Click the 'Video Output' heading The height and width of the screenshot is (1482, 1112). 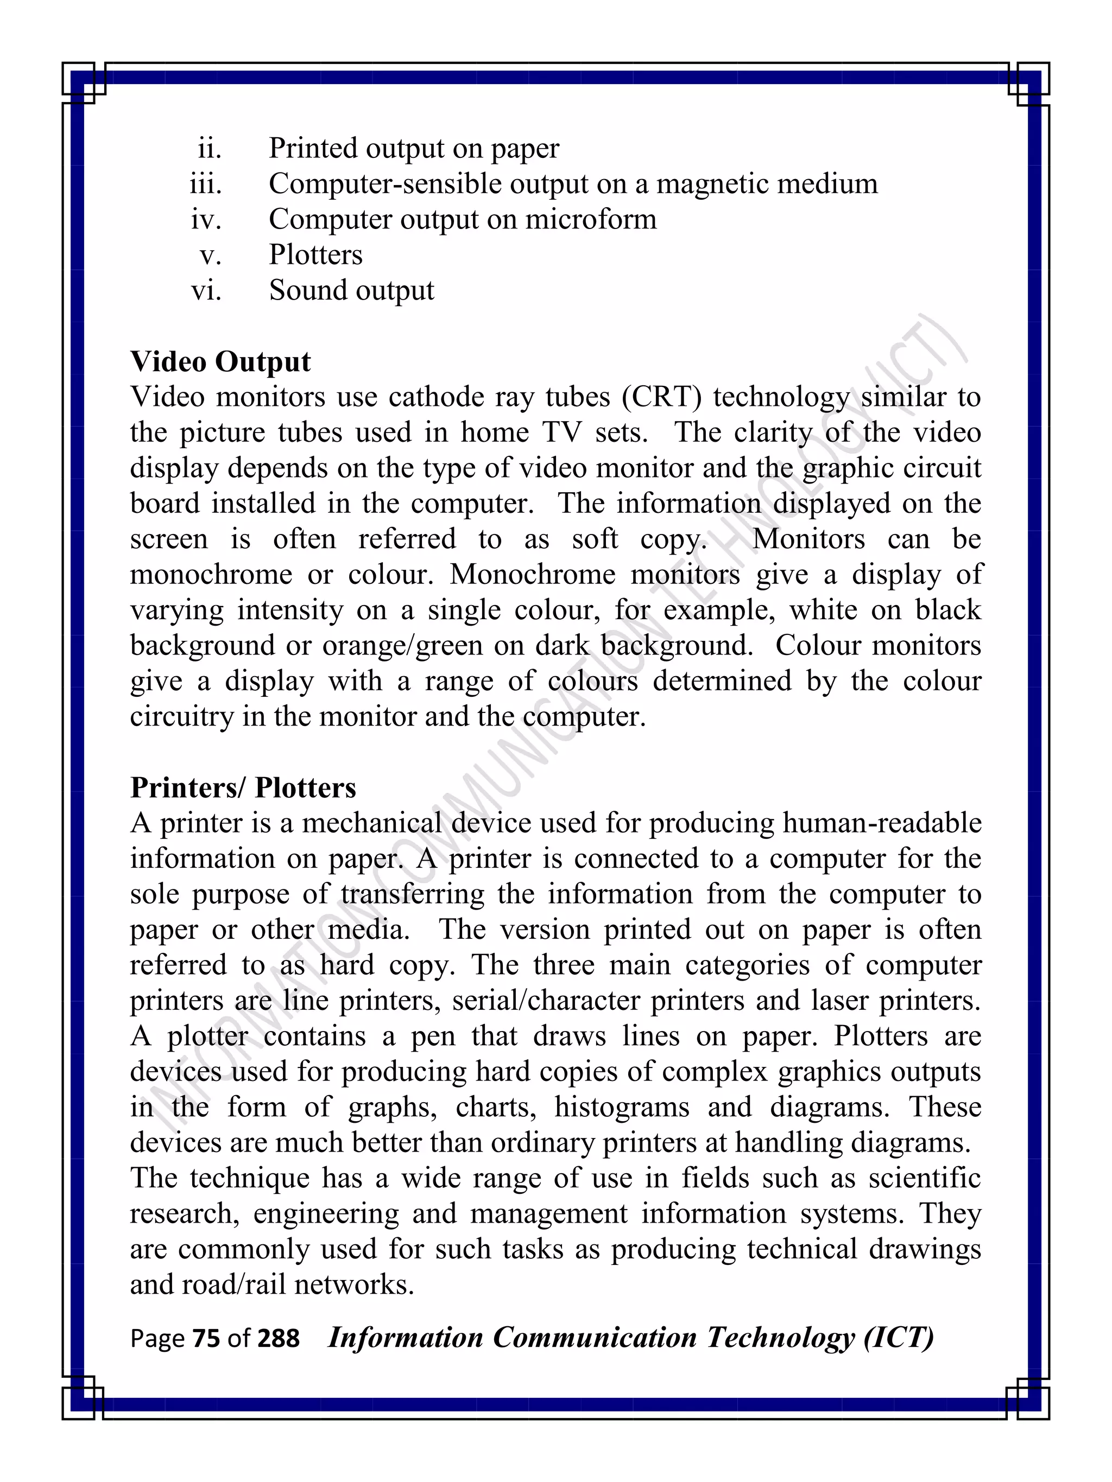[220, 362]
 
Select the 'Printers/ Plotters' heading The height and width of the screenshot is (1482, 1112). [243, 787]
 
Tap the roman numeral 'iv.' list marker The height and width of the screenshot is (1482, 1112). [206, 219]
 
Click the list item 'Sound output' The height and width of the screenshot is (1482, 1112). [351, 291]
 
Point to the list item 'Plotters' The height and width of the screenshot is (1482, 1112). [315, 255]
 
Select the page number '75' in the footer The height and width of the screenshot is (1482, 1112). [206, 1338]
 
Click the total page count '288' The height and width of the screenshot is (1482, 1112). [278, 1338]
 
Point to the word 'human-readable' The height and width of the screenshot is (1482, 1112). [881, 823]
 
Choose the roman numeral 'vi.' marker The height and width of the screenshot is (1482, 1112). [206, 291]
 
